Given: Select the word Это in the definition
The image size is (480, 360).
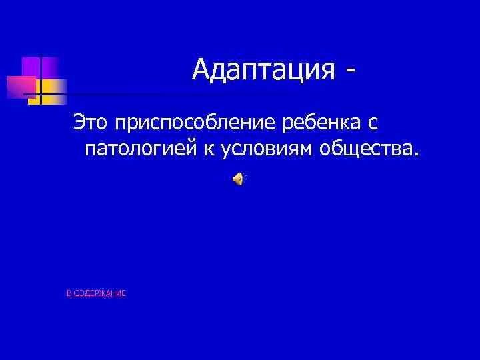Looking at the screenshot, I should pos(91,122).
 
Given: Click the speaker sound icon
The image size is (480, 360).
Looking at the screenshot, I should pos(239,178).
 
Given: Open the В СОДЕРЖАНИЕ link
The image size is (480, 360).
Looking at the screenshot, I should pos(96,293).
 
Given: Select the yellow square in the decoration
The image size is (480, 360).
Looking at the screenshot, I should pos(53,88).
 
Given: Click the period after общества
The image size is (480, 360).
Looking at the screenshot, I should pos(418,156).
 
